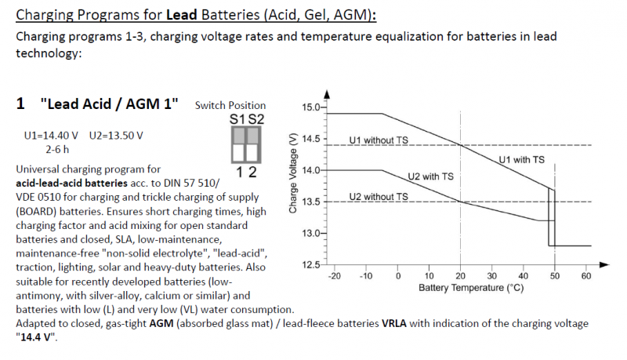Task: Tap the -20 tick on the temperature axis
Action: (x=335, y=276)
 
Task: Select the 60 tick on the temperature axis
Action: (x=585, y=276)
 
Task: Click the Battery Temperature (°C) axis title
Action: (x=470, y=288)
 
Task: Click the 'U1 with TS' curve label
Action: (x=522, y=160)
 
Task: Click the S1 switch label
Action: (x=237, y=119)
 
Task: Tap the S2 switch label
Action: (x=256, y=119)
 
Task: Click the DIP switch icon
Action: (x=245, y=147)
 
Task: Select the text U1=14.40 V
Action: (x=54, y=135)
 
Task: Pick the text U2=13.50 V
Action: (x=116, y=135)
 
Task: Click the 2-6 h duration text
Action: (x=59, y=148)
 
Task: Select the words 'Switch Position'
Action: (x=230, y=105)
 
